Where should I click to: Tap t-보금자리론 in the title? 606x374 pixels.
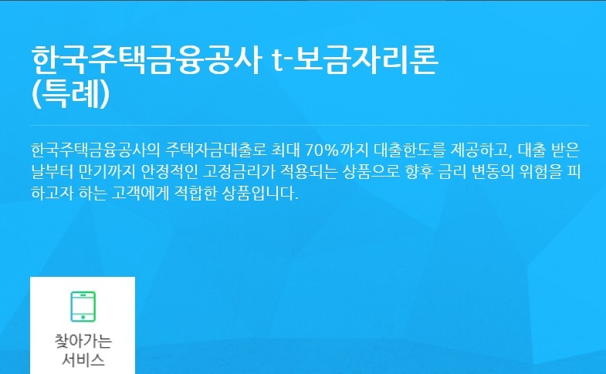pyautogui.click(x=356, y=60)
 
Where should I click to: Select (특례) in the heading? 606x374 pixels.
pyautogui.click(x=71, y=94)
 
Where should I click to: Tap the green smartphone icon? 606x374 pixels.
pyautogui.click(x=83, y=306)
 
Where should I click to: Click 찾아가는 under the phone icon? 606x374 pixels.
pyautogui.click(x=83, y=342)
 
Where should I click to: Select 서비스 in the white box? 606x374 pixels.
pyautogui.click(x=83, y=359)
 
